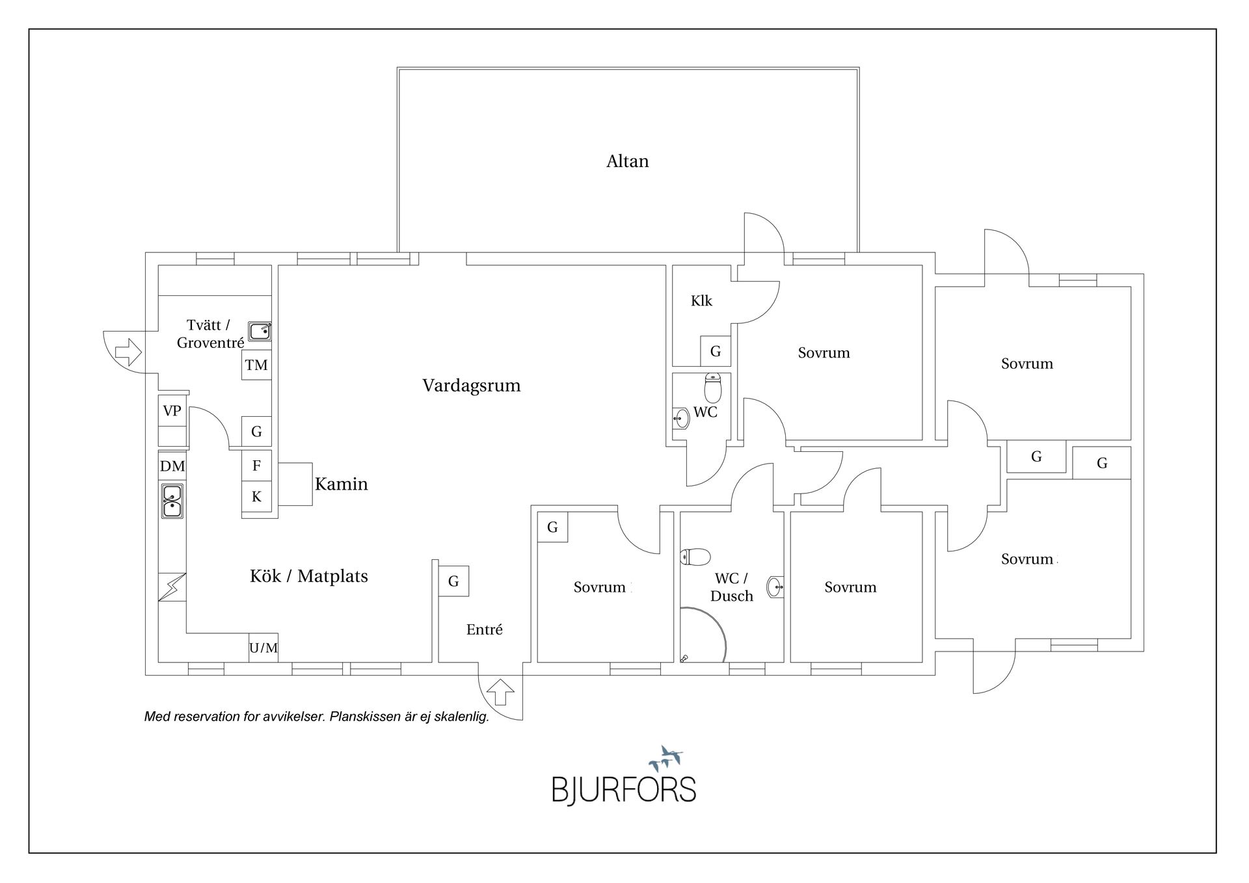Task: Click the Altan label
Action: (x=627, y=161)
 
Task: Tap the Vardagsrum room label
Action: (x=471, y=386)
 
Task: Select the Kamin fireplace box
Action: (x=295, y=484)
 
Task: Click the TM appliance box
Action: (x=256, y=365)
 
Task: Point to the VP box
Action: (x=172, y=410)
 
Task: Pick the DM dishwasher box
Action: (x=172, y=466)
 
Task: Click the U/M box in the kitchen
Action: (x=263, y=648)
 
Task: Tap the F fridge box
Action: (x=256, y=466)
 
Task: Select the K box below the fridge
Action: (x=256, y=497)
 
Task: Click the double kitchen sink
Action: (x=172, y=501)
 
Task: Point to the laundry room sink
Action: (x=260, y=331)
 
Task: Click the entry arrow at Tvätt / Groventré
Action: (x=128, y=352)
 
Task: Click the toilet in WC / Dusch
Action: (x=695, y=557)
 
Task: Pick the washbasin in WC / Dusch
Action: (x=775, y=587)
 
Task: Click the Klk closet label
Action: (x=701, y=301)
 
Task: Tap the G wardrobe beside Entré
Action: (x=453, y=581)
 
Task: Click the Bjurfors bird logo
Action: (x=665, y=758)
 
